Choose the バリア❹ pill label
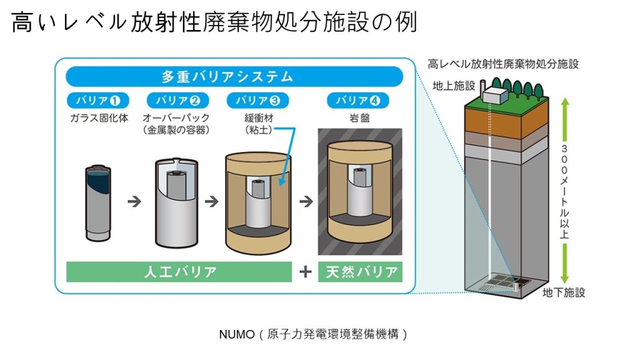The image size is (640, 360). coord(359,100)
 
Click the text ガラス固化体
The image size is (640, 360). coord(96,117)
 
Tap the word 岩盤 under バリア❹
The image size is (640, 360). coord(359,117)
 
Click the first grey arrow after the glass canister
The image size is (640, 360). coord(134,202)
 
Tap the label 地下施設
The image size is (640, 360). coord(563,292)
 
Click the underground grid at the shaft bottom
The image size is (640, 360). coord(503,284)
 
